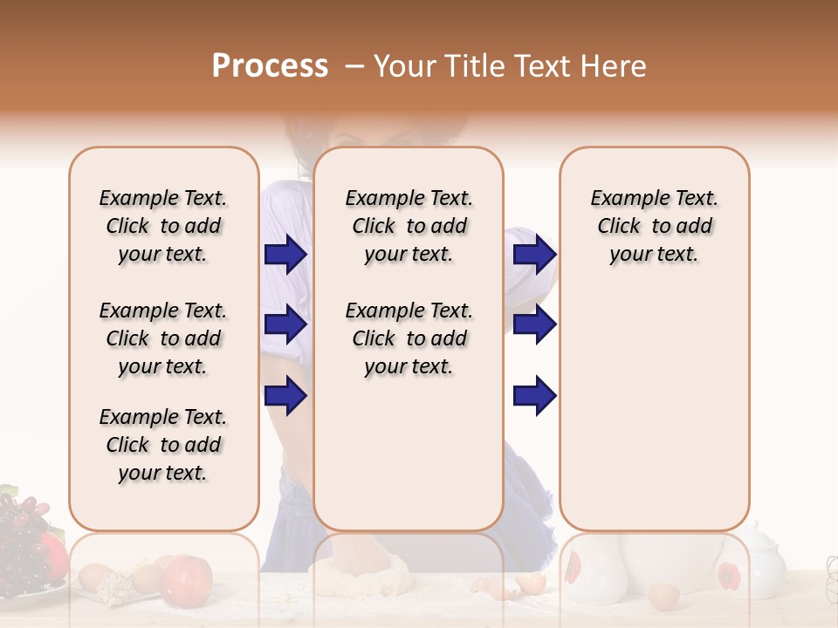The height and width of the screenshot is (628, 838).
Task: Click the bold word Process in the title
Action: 270,65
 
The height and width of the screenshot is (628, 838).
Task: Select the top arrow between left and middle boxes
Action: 285,255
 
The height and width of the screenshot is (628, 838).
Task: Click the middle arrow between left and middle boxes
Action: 285,324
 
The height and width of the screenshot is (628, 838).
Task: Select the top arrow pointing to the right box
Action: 534,255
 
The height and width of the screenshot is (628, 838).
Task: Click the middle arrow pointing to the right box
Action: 534,324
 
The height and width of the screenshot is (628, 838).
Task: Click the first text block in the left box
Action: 163,226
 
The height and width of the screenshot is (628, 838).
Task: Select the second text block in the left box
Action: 163,338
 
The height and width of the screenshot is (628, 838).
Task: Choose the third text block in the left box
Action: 163,445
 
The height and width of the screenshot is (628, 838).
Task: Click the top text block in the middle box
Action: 409,226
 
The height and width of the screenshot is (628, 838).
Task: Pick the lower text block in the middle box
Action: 409,338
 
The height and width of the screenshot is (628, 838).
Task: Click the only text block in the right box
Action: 654,226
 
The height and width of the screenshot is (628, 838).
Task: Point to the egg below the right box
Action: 663,597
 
